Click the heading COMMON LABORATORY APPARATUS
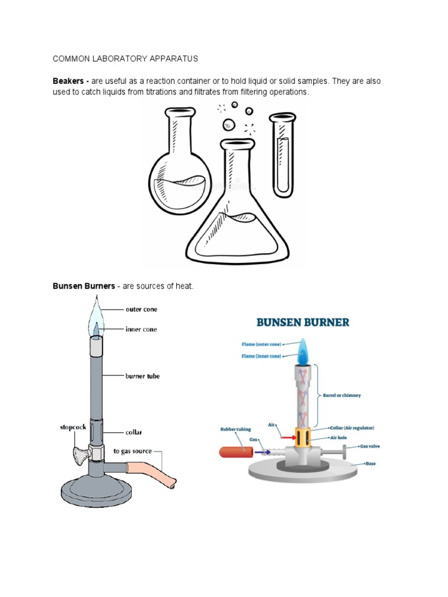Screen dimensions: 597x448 [125, 59]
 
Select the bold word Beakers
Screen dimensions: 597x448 [69, 81]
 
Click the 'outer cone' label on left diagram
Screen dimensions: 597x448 [141, 309]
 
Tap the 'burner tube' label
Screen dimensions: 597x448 [142, 376]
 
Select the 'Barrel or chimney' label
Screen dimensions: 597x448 [341, 395]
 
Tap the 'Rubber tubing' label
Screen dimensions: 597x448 [236, 430]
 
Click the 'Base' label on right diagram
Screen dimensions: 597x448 [370, 464]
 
